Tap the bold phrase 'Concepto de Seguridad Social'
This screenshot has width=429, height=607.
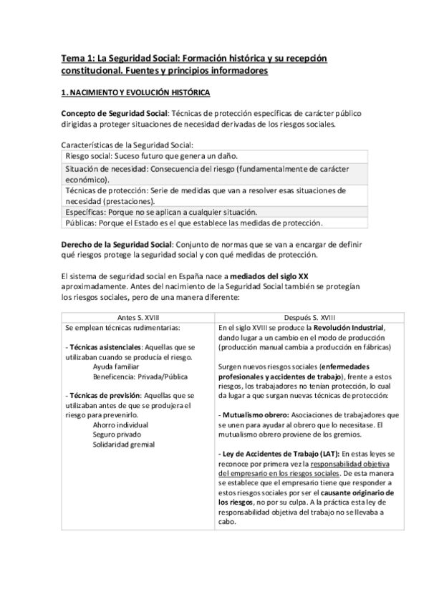tap(112, 114)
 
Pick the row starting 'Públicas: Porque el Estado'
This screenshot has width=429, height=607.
tap(193, 223)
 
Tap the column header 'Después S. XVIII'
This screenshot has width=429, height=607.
tap(307, 318)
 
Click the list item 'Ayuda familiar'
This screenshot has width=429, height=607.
tap(118, 364)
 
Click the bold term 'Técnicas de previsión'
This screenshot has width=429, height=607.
tap(108, 395)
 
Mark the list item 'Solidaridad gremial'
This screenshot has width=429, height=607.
tap(126, 444)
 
